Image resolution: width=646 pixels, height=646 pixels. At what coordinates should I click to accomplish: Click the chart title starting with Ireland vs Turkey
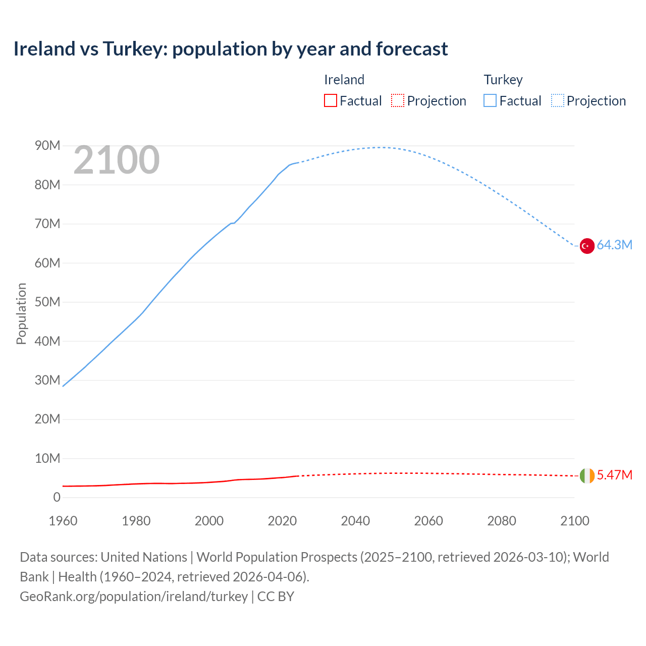(230, 49)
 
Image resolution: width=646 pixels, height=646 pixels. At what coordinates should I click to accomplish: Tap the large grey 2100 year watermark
(117, 160)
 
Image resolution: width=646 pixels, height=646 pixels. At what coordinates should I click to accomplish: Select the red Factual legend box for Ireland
(330, 100)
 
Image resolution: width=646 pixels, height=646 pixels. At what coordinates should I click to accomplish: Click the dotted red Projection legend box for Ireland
(398, 100)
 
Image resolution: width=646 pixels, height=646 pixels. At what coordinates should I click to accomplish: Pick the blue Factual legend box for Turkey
(490, 100)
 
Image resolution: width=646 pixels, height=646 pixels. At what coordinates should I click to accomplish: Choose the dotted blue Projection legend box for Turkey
(558, 100)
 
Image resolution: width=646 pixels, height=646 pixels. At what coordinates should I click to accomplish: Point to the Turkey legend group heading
(503, 80)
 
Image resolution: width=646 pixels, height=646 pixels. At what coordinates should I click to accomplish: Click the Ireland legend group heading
(344, 80)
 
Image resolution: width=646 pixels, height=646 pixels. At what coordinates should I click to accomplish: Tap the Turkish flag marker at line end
(586, 246)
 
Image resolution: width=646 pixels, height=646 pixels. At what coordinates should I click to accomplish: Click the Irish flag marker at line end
(586, 475)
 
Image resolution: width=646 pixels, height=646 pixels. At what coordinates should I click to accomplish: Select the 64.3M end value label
(614, 245)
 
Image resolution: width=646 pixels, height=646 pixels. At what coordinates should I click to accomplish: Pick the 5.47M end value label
(614, 475)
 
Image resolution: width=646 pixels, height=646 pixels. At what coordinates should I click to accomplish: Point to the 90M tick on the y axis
(47, 146)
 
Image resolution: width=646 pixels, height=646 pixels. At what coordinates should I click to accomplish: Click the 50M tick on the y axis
(47, 302)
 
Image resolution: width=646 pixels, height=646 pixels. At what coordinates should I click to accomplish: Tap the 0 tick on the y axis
(57, 498)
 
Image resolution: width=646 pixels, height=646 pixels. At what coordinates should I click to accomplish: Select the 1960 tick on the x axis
(63, 521)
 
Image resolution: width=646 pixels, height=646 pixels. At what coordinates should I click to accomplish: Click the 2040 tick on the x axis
(355, 521)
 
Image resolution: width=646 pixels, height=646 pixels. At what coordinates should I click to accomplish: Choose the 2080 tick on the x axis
(502, 521)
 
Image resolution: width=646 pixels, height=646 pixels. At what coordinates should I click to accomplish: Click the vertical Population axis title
(21, 313)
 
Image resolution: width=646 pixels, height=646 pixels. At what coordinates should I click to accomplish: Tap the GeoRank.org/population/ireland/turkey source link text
(134, 597)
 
